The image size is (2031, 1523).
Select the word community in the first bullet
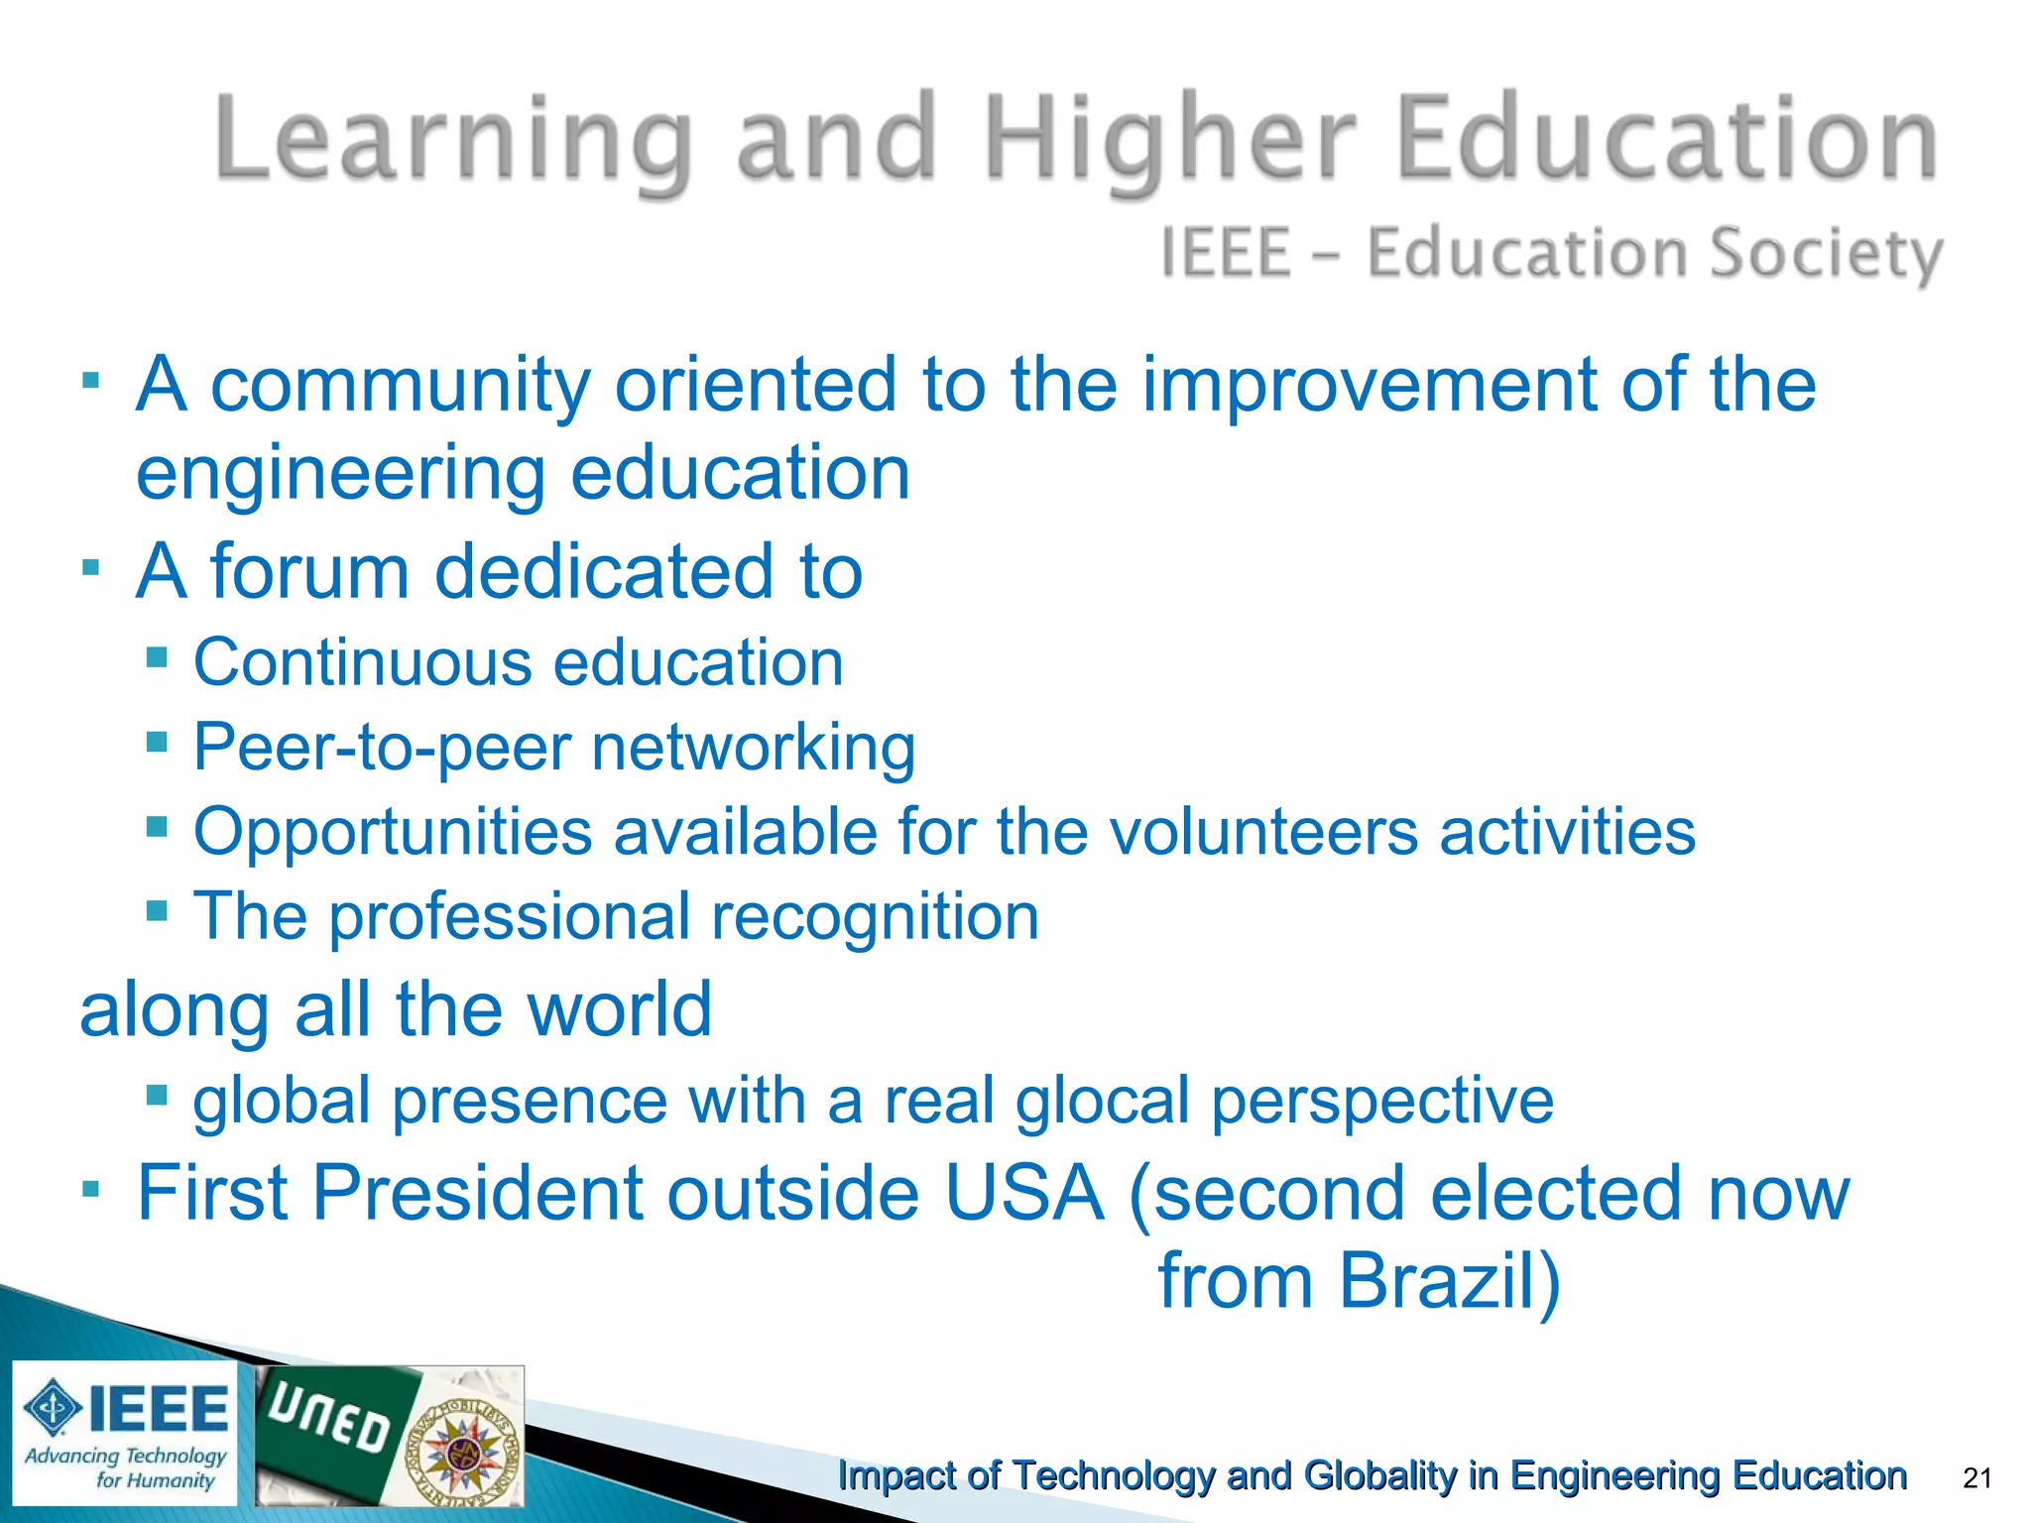tap(401, 385)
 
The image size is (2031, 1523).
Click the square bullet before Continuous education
tap(156, 656)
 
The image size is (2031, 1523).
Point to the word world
tap(619, 1009)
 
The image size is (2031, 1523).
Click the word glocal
tap(1102, 1101)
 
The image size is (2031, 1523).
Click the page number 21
tap(1977, 1478)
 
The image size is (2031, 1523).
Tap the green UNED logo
tap(327, 1428)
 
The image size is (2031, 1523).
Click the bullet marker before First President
tap(91, 1188)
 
